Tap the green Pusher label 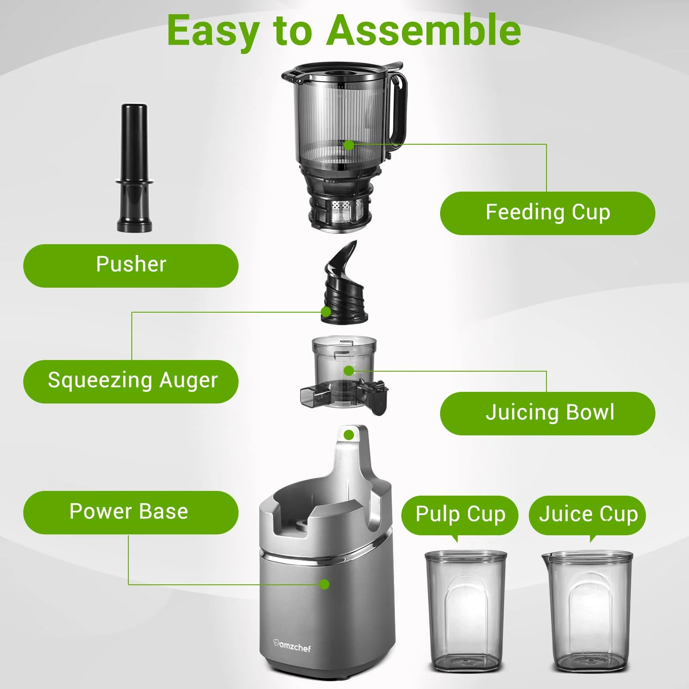(130, 265)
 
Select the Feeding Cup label (547, 213)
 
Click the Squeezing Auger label (130, 381)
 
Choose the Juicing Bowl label (547, 413)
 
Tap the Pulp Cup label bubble (459, 515)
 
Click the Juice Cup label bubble (587, 515)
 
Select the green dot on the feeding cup (349, 145)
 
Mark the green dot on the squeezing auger (326, 311)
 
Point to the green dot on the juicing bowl (349, 371)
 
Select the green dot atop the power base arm (349, 435)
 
